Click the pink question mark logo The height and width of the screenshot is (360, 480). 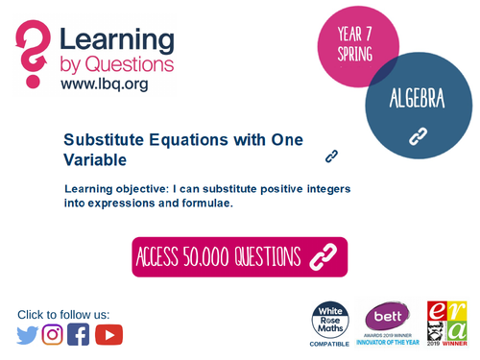(33, 53)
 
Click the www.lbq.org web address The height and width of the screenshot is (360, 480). (104, 84)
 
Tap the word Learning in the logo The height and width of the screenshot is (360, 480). (117, 42)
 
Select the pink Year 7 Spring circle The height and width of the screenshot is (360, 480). (357, 43)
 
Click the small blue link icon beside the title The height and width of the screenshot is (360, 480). (332, 155)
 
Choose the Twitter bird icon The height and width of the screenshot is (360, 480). (28, 334)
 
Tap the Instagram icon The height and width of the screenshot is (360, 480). (53, 334)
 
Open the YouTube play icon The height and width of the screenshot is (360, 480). (108, 334)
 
